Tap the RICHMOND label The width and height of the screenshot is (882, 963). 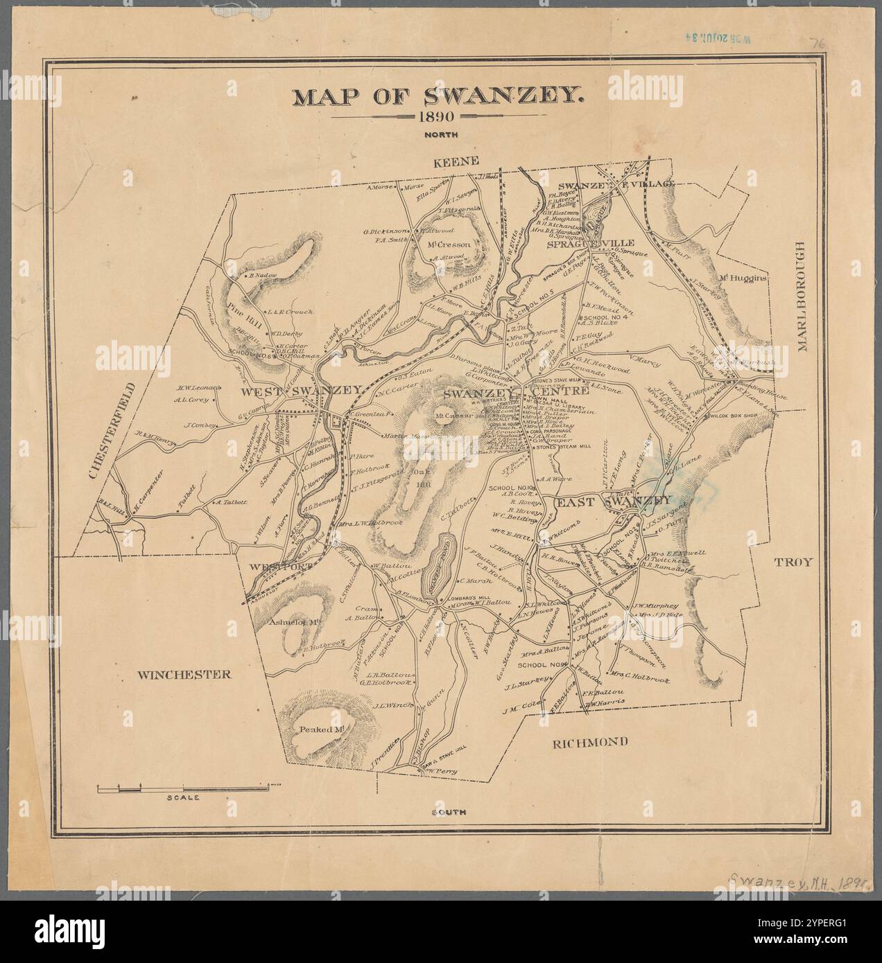(591, 742)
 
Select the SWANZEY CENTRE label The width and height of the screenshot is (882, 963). (516, 392)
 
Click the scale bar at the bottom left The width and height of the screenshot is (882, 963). (183, 788)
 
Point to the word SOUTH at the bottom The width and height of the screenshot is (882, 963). (448, 811)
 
